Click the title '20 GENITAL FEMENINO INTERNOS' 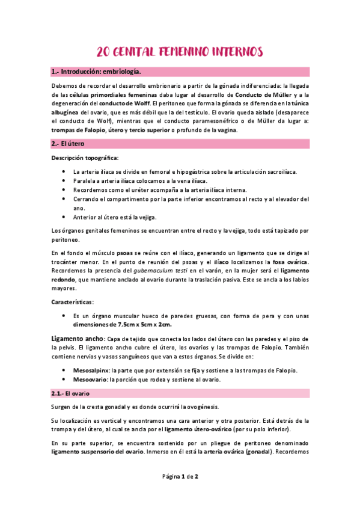coord(180,52)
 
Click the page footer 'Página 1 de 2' coord(180,476)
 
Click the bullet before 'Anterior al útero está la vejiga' coord(64,218)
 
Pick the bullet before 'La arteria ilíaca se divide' coord(64,171)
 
